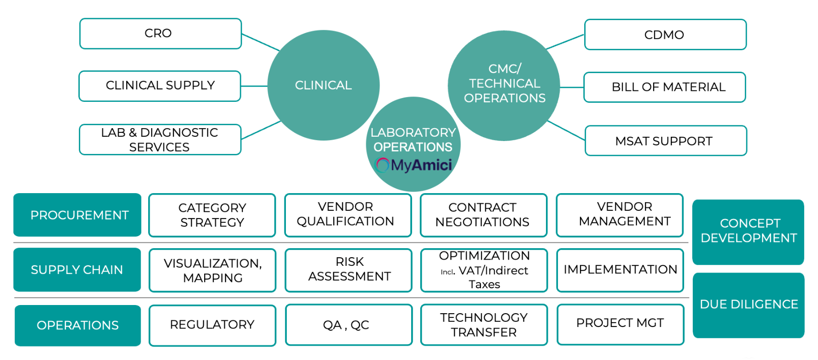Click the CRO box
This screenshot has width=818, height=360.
pos(160,33)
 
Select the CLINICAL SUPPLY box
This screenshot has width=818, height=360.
pos(160,86)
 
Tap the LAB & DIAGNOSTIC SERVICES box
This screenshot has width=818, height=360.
pos(160,140)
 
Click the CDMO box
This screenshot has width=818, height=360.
pos(665,35)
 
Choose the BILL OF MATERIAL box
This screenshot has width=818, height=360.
pos(665,87)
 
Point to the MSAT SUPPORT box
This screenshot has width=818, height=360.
pos(665,141)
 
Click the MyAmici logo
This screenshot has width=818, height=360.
pos(414,165)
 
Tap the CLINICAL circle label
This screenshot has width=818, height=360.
pos(323,86)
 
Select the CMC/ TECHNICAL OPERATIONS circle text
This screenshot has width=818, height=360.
pos(504,84)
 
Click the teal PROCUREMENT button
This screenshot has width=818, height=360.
pos(77,215)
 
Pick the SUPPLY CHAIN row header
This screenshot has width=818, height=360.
pos(77,270)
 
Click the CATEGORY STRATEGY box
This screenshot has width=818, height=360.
pos(212,215)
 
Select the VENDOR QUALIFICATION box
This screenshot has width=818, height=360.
pos(348,215)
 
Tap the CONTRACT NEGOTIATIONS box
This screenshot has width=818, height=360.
pos(483,215)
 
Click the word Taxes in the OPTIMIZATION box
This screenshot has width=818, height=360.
pos(484,285)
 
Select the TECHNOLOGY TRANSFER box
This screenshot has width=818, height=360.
pos(484,325)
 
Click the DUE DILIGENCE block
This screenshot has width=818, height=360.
pos(748,305)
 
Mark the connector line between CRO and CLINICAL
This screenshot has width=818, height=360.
pos(261,42)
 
